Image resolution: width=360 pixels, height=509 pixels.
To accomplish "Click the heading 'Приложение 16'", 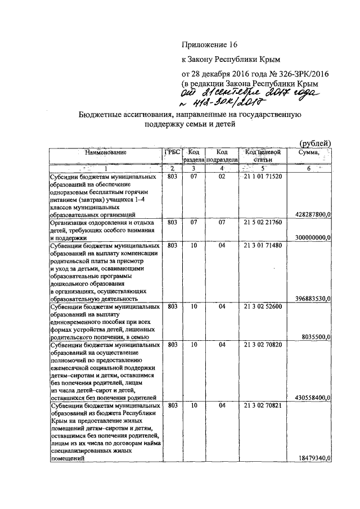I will point(208,44).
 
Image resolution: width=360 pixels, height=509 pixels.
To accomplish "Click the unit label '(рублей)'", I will point(316,143).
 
